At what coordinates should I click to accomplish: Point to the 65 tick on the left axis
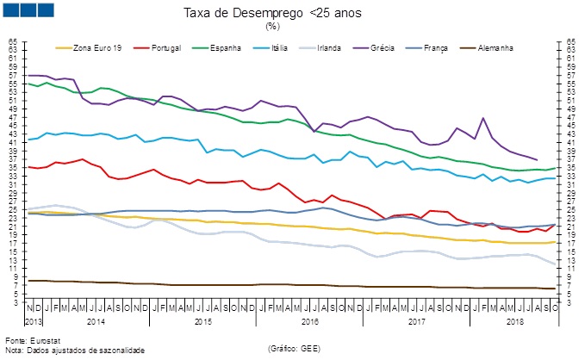coord(13,41)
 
